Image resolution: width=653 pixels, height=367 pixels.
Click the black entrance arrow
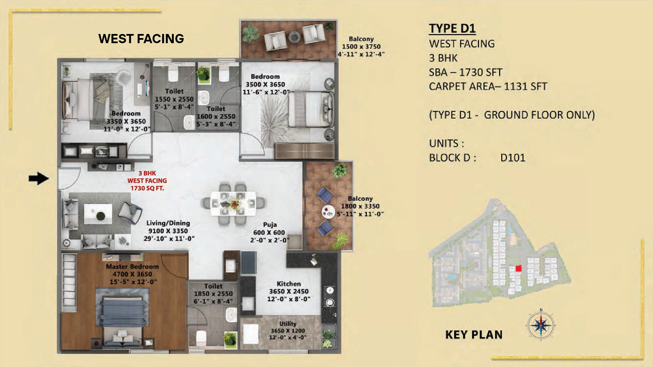[39, 178]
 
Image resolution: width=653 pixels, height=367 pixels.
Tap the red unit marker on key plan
[518, 268]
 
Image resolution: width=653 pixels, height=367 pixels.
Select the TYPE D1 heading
[452, 29]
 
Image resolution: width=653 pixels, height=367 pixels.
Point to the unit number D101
[513, 158]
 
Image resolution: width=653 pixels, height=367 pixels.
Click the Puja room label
[270, 225]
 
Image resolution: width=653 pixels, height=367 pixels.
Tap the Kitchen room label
[289, 283]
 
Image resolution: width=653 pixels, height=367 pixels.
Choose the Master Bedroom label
[132, 266]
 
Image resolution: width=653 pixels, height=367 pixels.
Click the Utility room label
[288, 324]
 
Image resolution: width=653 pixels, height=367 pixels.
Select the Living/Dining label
[168, 223]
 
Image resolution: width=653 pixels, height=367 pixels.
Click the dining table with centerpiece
[233, 204]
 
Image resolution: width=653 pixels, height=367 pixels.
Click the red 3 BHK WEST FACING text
[147, 180]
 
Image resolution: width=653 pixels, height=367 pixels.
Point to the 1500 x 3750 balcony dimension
[361, 47]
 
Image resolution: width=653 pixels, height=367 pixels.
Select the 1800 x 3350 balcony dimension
[360, 206]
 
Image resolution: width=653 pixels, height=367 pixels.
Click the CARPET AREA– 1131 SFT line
[488, 87]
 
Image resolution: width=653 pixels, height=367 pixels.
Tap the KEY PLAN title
[474, 335]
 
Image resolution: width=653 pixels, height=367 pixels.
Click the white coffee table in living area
[98, 214]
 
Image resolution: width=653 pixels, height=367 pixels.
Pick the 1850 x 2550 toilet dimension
[213, 294]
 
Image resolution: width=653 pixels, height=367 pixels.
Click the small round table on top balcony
[295, 37]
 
